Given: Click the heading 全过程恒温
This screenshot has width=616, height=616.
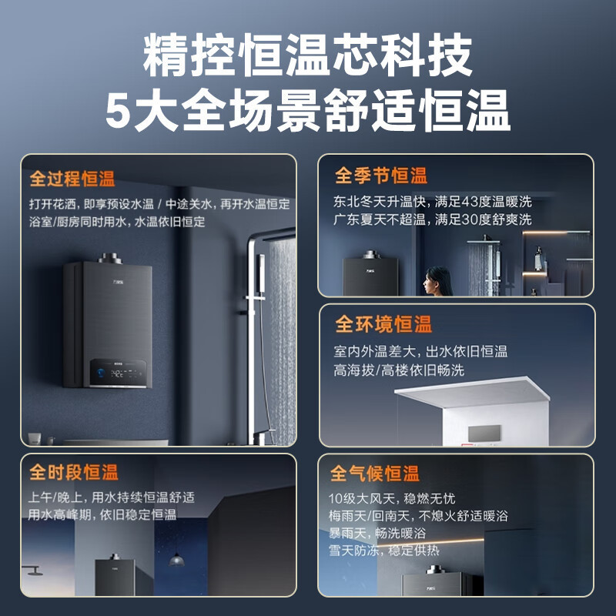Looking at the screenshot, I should click(72, 179).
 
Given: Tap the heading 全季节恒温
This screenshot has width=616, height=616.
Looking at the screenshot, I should click(380, 176).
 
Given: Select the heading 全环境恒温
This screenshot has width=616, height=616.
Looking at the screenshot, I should click(383, 324).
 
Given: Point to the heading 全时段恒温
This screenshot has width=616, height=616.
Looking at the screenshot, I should click(74, 472).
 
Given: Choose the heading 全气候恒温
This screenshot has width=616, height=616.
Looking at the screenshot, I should click(375, 473).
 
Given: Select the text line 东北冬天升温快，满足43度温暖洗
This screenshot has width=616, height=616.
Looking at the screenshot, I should click(432, 202).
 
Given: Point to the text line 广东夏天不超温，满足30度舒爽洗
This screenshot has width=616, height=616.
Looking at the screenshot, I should click(432, 219).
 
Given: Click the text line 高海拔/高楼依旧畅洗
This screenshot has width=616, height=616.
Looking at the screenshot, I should click(399, 370).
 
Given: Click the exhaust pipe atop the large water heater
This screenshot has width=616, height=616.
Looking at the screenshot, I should click(107, 257).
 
